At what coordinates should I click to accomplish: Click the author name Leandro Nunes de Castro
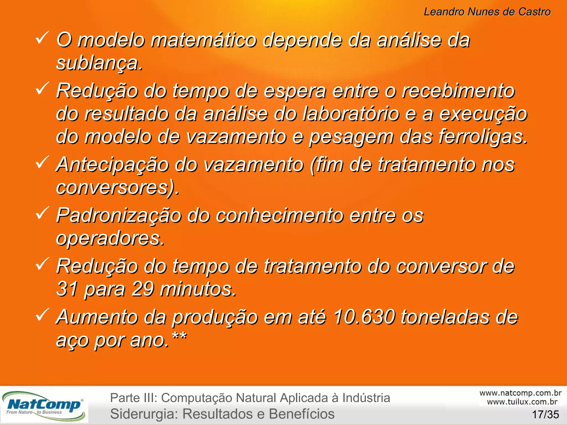[x=487, y=12]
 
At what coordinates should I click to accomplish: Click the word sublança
[x=99, y=63]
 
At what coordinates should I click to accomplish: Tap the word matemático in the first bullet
[x=204, y=40]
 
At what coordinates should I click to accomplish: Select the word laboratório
[x=350, y=114]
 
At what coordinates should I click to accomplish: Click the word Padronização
[x=118, y=215]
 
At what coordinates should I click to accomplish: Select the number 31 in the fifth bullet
[x=67, y=289]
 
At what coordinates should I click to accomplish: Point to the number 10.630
[x=364, y=317]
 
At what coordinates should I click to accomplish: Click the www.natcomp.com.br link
[x=520, y=393]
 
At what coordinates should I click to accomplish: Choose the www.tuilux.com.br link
[x=522, y=402]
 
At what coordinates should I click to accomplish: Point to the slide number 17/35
[x=545, y=414]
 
